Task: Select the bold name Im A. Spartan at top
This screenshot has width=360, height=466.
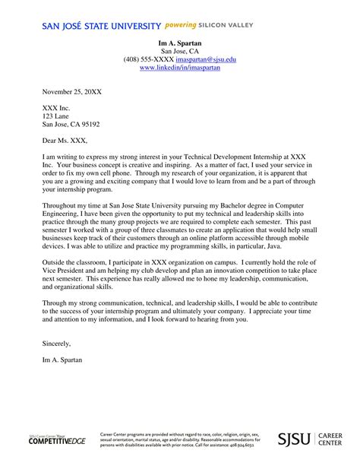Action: [180, 43]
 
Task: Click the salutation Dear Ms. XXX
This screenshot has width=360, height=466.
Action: [65, 140]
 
